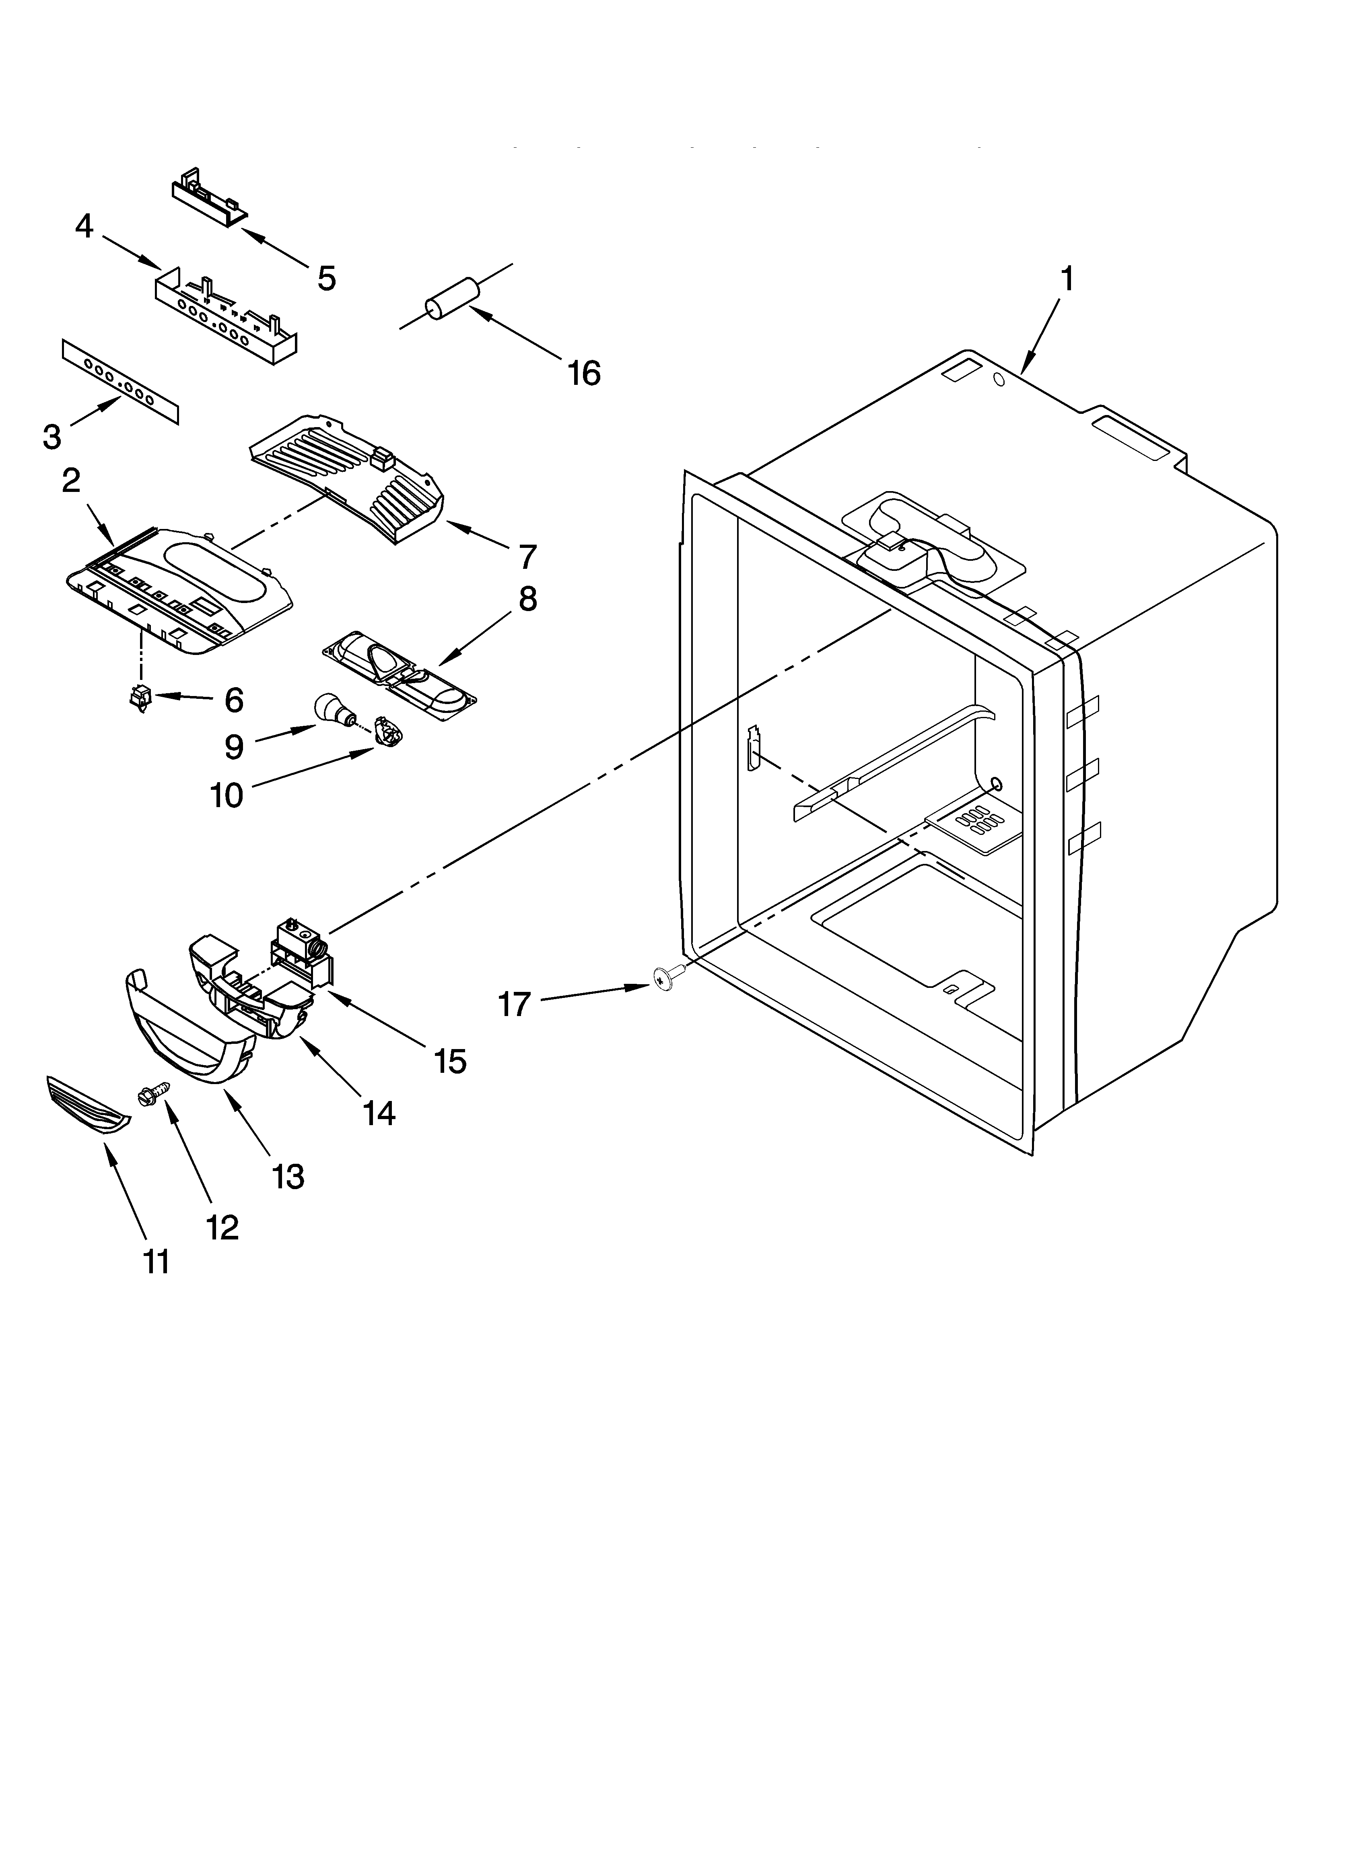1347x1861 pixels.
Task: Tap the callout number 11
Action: [x=156, y=1260]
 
